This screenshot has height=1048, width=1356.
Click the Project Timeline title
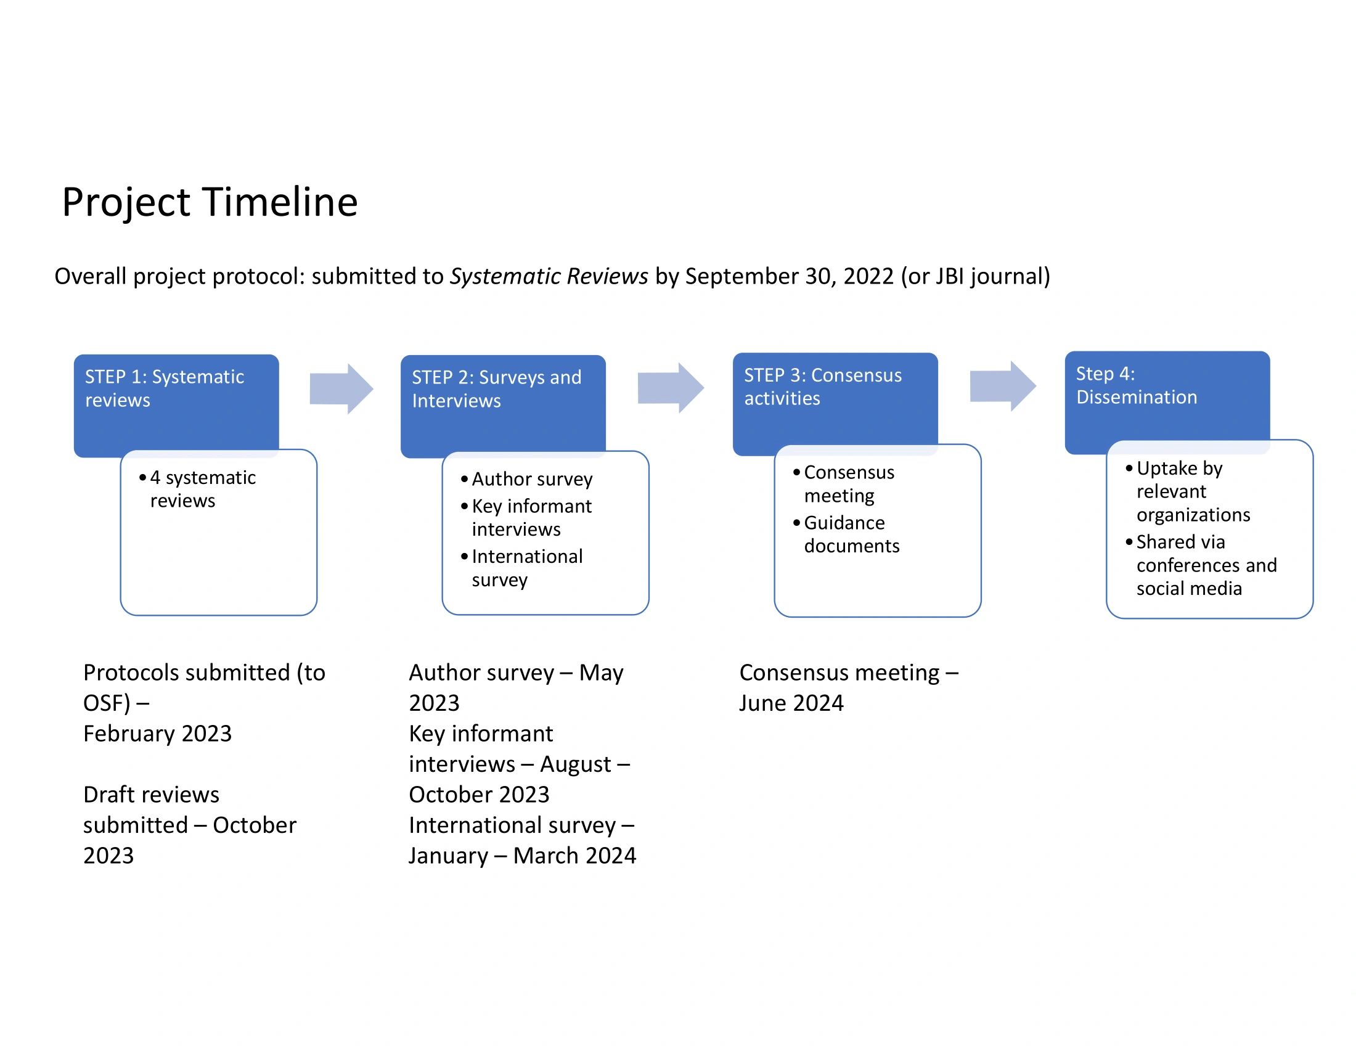(x=210, y=202)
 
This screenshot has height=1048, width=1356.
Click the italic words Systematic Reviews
(x=549, y=276)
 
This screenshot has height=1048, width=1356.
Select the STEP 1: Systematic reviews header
(x=165, y=388)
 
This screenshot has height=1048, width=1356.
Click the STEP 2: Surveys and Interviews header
(x=497, y=389)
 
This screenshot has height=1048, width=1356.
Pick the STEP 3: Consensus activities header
(x=823, y=387)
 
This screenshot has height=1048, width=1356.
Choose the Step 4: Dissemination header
(x=1136, y=385)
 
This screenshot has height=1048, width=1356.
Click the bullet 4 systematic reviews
(x=202, y=489)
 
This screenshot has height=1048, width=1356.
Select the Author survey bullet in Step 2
(x=531, y=479)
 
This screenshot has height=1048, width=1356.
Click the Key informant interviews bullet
(x=531, y=518)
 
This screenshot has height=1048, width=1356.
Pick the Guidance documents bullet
(x=851, y=534)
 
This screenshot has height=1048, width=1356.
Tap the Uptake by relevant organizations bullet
(x=1192, y=492)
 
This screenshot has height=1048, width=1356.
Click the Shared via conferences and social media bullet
(x=1206, y=565)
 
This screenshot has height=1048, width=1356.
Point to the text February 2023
(x=157, y=734)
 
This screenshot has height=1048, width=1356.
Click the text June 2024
(x=791, y=703)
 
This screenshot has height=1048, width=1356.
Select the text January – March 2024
(x=522, y=856)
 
